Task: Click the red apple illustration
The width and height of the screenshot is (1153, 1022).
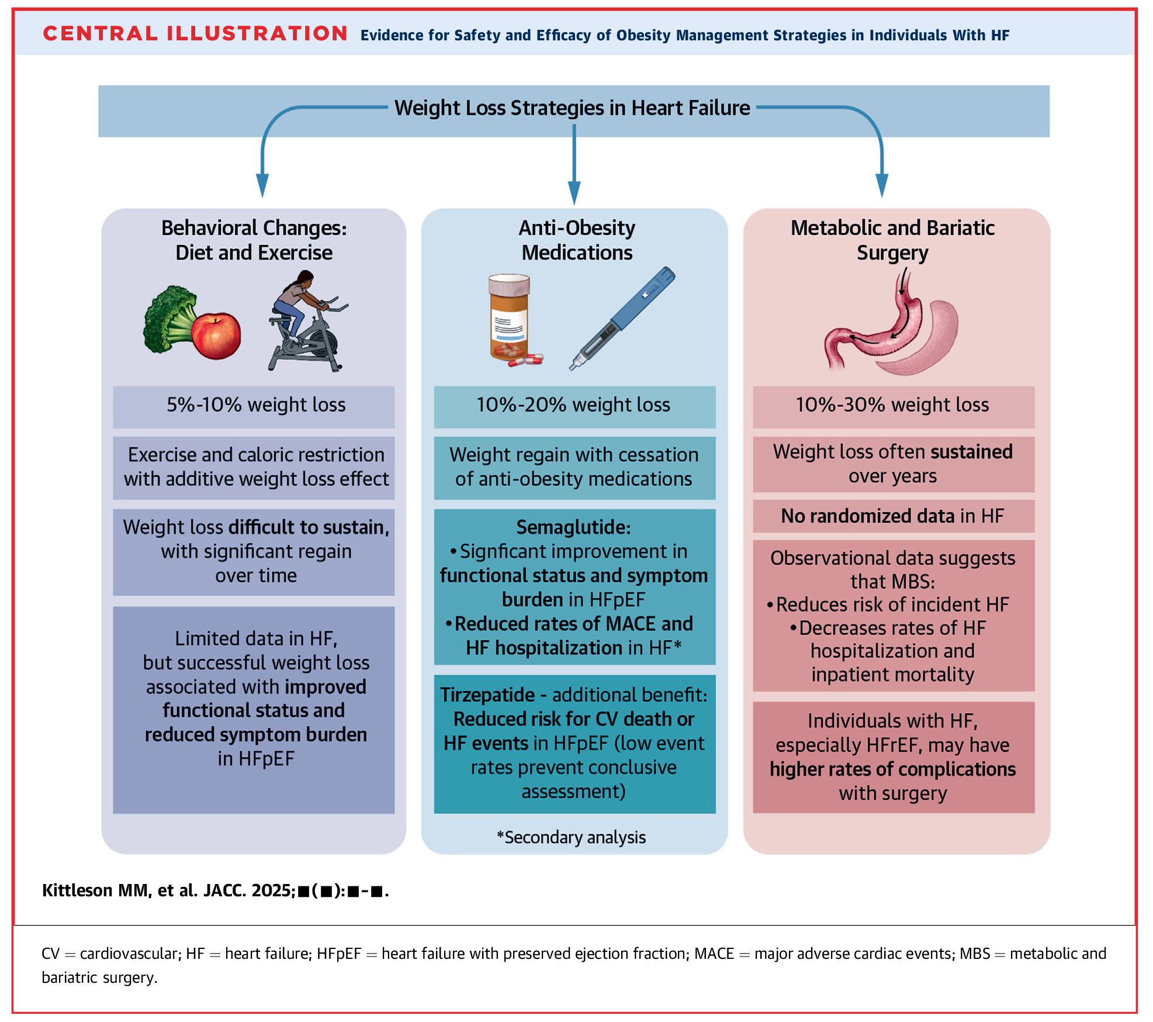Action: coord(217,336)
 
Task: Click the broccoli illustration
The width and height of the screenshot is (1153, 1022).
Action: coord(168,319)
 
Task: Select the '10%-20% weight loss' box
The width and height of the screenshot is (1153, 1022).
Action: coord(573,405)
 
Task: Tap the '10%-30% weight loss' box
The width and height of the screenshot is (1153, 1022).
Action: coord(892,405)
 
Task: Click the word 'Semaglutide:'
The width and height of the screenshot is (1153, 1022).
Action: coord(573,527)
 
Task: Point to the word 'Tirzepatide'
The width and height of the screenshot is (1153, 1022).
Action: coord(487,695)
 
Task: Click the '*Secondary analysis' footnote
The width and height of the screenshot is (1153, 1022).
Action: coord(571,837)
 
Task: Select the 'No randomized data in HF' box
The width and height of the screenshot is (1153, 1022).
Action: coord(892,516)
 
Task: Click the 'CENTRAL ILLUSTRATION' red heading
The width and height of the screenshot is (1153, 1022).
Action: coord(195,33)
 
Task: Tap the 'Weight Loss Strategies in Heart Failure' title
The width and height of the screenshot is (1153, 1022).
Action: coord(572,108)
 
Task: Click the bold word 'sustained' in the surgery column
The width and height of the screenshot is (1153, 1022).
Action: coord(971,452)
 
